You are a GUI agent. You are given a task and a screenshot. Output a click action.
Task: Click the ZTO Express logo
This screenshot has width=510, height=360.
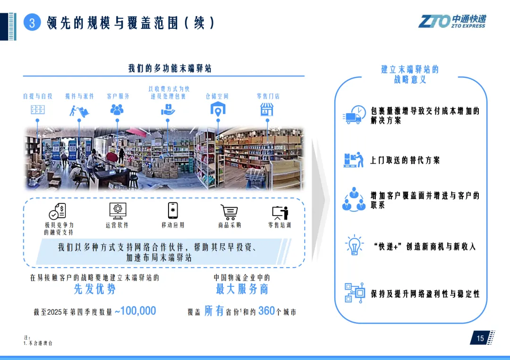click(x=452, y=21)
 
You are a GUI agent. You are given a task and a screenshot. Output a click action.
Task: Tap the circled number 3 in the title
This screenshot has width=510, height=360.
click(x=32, y=23)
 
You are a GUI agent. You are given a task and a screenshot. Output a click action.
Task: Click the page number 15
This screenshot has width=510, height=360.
click(x=480, y=338)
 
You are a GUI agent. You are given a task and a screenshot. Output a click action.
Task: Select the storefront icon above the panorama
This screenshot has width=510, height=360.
click(x=267, y=109)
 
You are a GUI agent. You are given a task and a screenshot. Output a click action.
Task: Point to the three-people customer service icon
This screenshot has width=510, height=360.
click(x=117, y=109)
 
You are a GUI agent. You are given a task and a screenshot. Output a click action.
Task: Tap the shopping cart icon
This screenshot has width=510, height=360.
click(x=229, y=212)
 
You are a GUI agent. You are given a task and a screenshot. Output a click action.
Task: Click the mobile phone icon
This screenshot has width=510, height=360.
click(x=173, y=210)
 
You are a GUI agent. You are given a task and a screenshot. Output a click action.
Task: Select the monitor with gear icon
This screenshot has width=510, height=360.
click(x=117, y=210)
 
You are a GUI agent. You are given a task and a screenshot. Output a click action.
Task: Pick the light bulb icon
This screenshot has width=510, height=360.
click(x=354, y=245)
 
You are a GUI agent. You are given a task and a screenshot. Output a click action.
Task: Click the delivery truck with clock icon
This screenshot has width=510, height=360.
click(x=354, y=115)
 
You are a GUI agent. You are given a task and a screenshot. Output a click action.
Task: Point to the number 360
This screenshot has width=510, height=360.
click(x=266, y=311)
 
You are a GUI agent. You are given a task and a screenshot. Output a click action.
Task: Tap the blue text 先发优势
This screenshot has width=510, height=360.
click(x=94, y=289)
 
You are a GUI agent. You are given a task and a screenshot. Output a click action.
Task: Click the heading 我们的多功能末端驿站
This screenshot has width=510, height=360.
click(x=170, y=68)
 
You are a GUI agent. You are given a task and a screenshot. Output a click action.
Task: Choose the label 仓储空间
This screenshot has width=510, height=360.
click(x=217, y=96)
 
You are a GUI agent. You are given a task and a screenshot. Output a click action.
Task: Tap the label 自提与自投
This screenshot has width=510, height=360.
click(x=38, y=96)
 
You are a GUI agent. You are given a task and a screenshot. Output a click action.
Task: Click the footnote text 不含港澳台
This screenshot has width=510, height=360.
click(x=40, y=343)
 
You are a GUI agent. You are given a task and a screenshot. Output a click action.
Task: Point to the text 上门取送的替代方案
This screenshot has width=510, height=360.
click(x=405, y=160)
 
